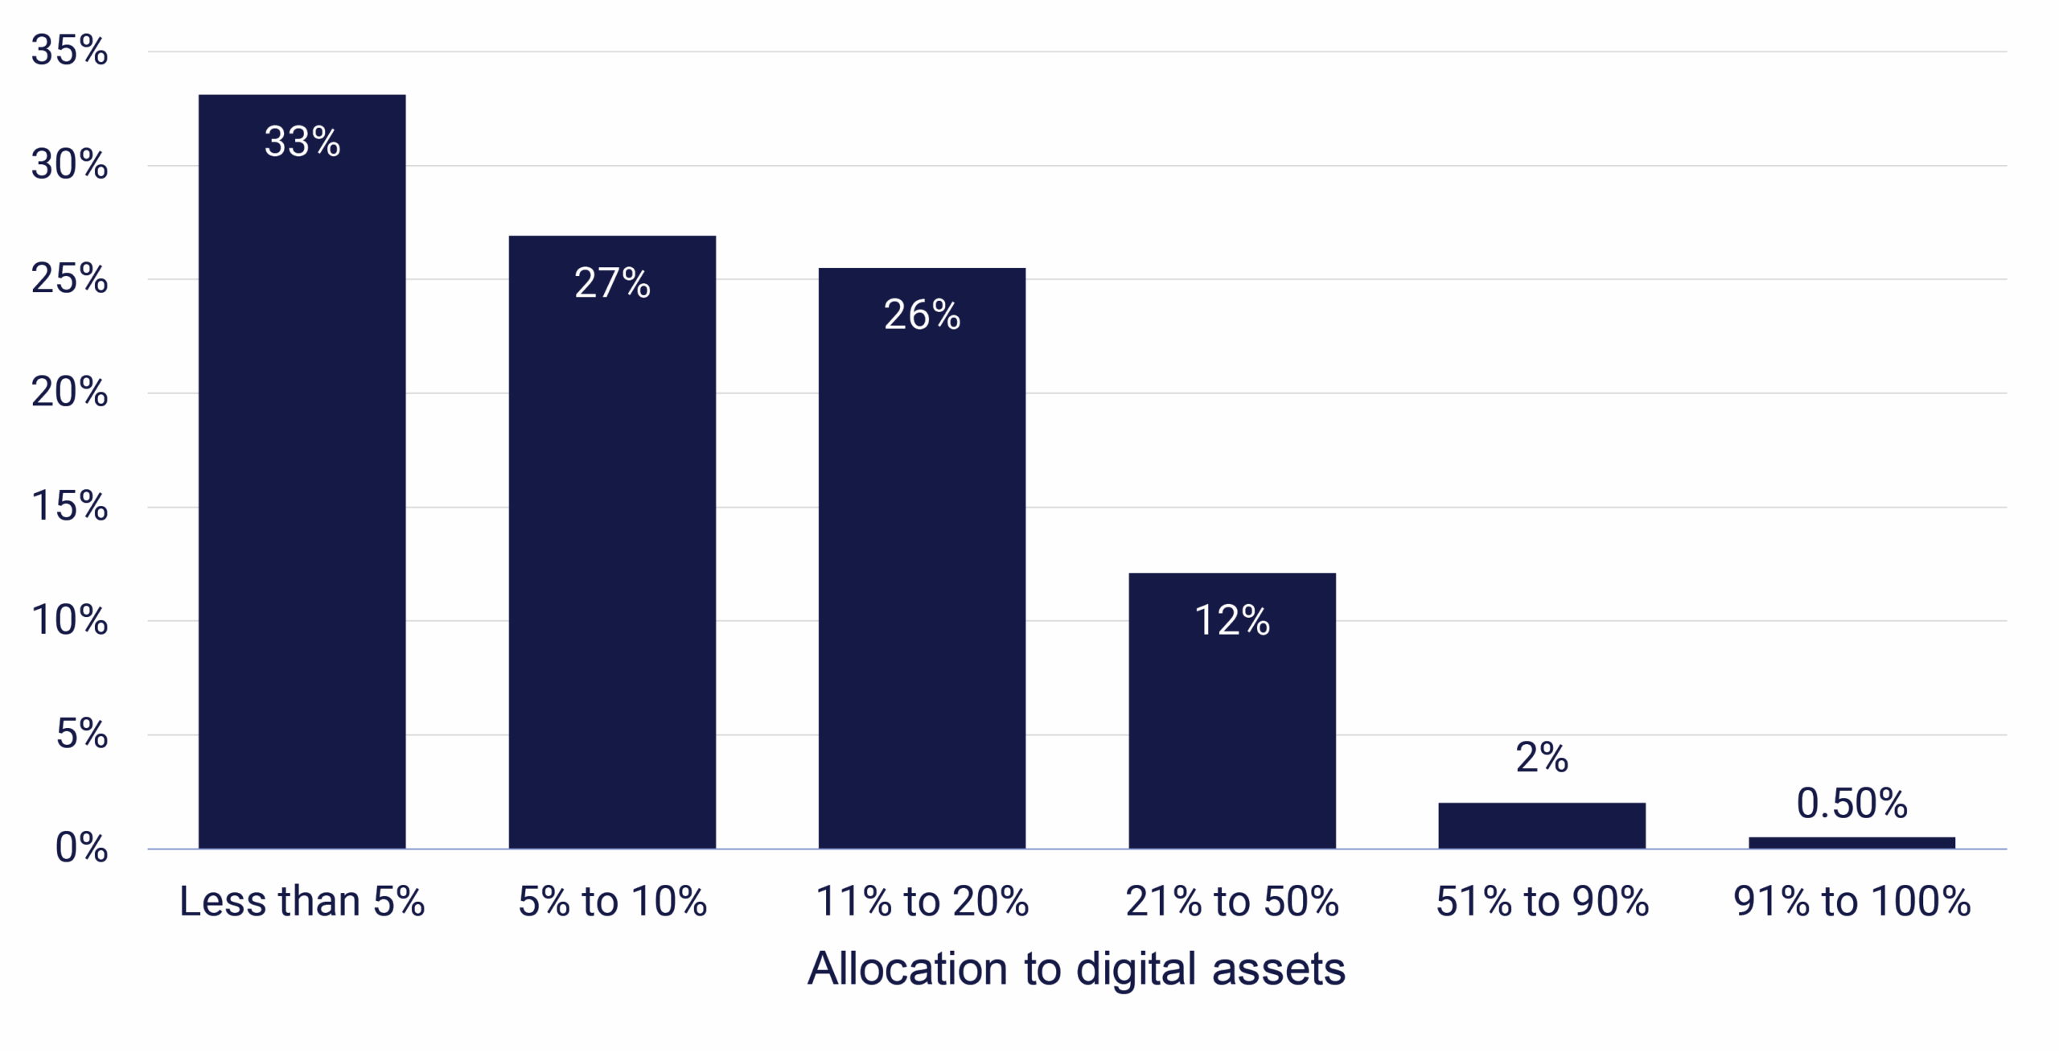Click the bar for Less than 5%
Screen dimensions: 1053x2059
tap(302, 483)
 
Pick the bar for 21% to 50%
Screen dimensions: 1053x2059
tap(1232, 724)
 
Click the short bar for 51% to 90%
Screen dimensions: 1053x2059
tap(1542, 825)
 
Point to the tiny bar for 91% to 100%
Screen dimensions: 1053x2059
tap(1851, 843)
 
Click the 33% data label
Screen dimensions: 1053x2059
tap(302, 142)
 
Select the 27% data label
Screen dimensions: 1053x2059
tap(612, 282)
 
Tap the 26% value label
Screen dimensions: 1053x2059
tap(922, 315)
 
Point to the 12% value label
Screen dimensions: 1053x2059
tap(1232, 620)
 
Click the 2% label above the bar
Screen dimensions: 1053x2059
tap(1542, 757)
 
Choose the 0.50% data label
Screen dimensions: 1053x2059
tap(1851, 804)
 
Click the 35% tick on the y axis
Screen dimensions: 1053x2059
tap(69, 51)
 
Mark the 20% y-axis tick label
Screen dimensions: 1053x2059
tap(69, 393)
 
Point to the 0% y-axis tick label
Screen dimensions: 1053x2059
tap(81, 848)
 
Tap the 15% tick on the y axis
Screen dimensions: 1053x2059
tap(69, 507)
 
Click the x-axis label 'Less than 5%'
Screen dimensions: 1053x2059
tap(302, 901)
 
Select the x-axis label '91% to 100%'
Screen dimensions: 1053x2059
tap(1851, 901)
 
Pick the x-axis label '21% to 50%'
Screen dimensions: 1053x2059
tap(1232, 901)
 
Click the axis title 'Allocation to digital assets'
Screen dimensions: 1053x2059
tap(1076, 969)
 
